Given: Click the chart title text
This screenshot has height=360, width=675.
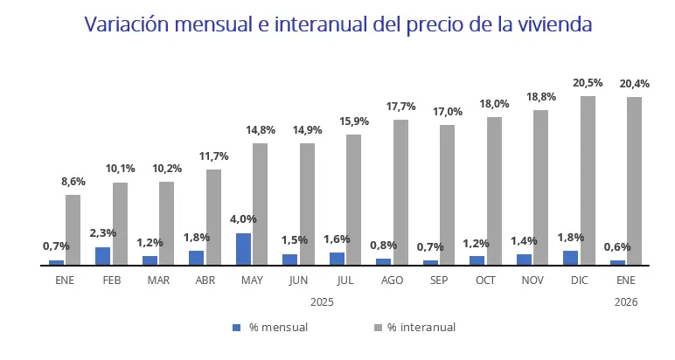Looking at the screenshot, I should click(337, 24).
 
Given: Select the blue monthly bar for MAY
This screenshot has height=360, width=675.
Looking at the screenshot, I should click(244, 248).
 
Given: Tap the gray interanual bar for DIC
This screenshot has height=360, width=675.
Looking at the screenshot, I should click(588, 180).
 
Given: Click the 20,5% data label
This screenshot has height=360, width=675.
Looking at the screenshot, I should click(588, 83).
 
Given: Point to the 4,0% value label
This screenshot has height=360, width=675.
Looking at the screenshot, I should click(244, 219).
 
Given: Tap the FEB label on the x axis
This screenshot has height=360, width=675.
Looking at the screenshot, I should click(112, 280).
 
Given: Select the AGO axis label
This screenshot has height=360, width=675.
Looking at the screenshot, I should click(393, 280).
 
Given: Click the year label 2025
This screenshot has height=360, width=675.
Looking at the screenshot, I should click(323, 301).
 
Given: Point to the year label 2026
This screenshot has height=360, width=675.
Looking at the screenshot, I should click(626, 301).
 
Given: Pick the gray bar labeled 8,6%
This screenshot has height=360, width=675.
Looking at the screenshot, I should click(73, 229).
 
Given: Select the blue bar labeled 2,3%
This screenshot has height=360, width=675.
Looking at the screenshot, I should click(103, 255).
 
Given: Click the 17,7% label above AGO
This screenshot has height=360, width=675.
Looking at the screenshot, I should click(400, 107).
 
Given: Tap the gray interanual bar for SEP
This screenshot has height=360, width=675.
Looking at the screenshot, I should click(447, 194).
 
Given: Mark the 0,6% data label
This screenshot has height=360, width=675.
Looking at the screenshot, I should click(617, 246).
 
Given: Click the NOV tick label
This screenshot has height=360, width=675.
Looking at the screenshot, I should click(532, 280).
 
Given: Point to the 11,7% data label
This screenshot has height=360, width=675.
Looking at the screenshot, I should click(213, 156).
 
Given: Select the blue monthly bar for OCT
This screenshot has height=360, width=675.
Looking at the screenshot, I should click(477, 260).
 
